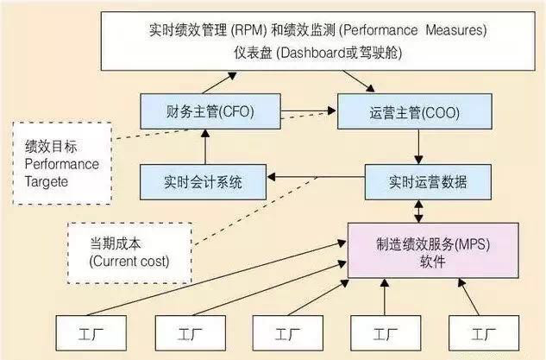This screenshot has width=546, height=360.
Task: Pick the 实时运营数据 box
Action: [417, 182]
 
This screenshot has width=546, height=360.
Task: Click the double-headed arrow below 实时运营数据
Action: [418, 211]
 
